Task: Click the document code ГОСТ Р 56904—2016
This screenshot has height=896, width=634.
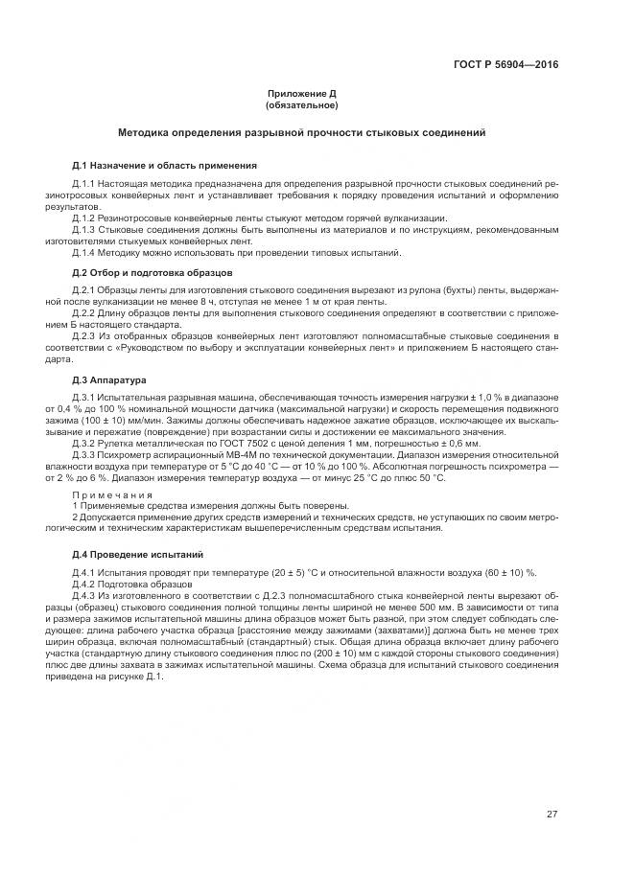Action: (505, 65)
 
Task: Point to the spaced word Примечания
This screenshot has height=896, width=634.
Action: (111, 494)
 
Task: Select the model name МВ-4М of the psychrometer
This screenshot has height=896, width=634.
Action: (218, 456)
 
